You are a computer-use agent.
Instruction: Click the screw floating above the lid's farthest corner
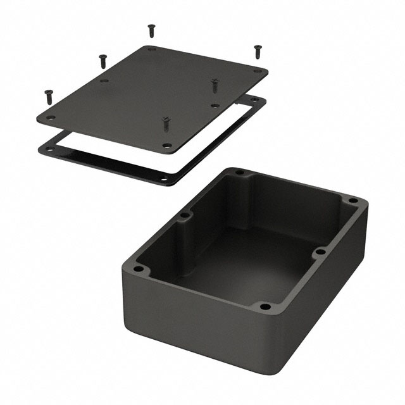tap(151, 29)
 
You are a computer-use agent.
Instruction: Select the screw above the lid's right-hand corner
tap(257, 50)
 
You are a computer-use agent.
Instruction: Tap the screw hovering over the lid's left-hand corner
tap(48, 96)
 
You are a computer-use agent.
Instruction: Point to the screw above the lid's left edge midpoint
tap(102, 60)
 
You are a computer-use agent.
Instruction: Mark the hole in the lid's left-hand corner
tap(51, 118)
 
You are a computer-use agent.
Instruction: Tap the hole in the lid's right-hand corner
tap(257, 72)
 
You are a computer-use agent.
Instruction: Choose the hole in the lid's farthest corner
tap(152, 49)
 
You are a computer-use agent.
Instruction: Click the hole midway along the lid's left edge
tap(104, 81)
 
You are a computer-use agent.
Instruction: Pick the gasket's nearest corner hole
tap(165, 178)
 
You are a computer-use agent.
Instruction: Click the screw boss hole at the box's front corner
tap(265, 307)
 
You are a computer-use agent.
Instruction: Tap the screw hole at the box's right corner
tap(353, 202)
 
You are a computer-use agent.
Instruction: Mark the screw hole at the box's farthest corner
tap(239, 171)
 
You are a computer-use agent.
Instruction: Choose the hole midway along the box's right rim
tap(320, 252)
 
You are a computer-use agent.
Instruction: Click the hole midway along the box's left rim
tap(185, 216)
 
